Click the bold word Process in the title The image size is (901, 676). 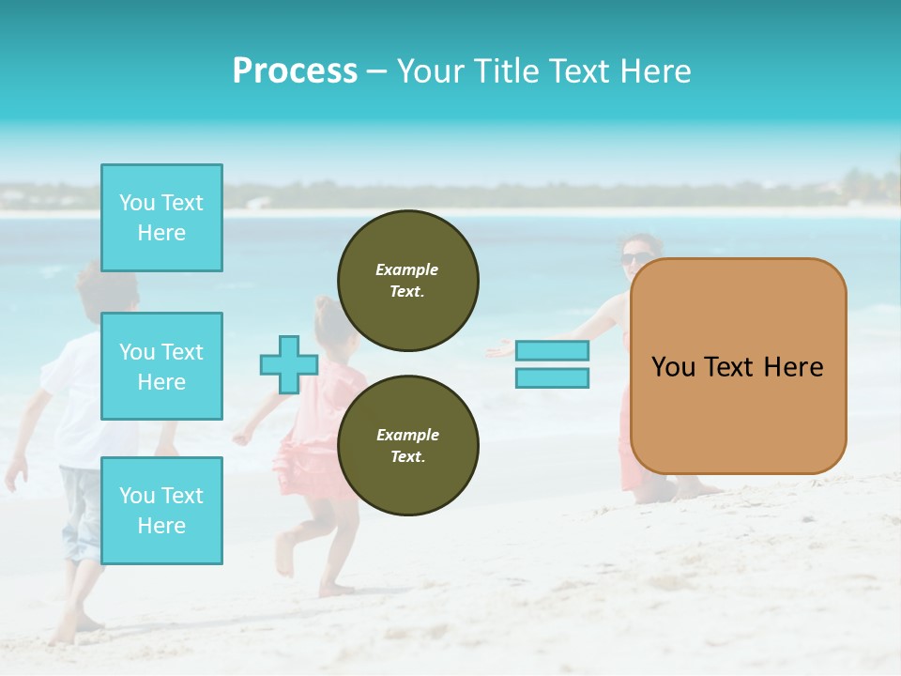tap(295, 71)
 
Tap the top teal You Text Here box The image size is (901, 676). tap(161, 218)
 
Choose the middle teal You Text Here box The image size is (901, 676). tap(161, 366)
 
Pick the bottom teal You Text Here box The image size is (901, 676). tap(161, 510)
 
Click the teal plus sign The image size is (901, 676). tap(289, 365)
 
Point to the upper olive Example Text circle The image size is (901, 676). tap(407, 281)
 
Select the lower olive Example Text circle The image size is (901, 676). tap(407, 445)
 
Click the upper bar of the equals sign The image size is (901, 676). tap(552, 351)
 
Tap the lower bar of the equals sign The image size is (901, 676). tap(552, 378)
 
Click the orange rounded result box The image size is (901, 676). tap(738, 366)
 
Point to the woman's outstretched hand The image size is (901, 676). tap(499, 350)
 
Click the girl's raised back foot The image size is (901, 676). tap(284, 556)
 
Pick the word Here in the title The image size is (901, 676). tap(657, 71)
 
